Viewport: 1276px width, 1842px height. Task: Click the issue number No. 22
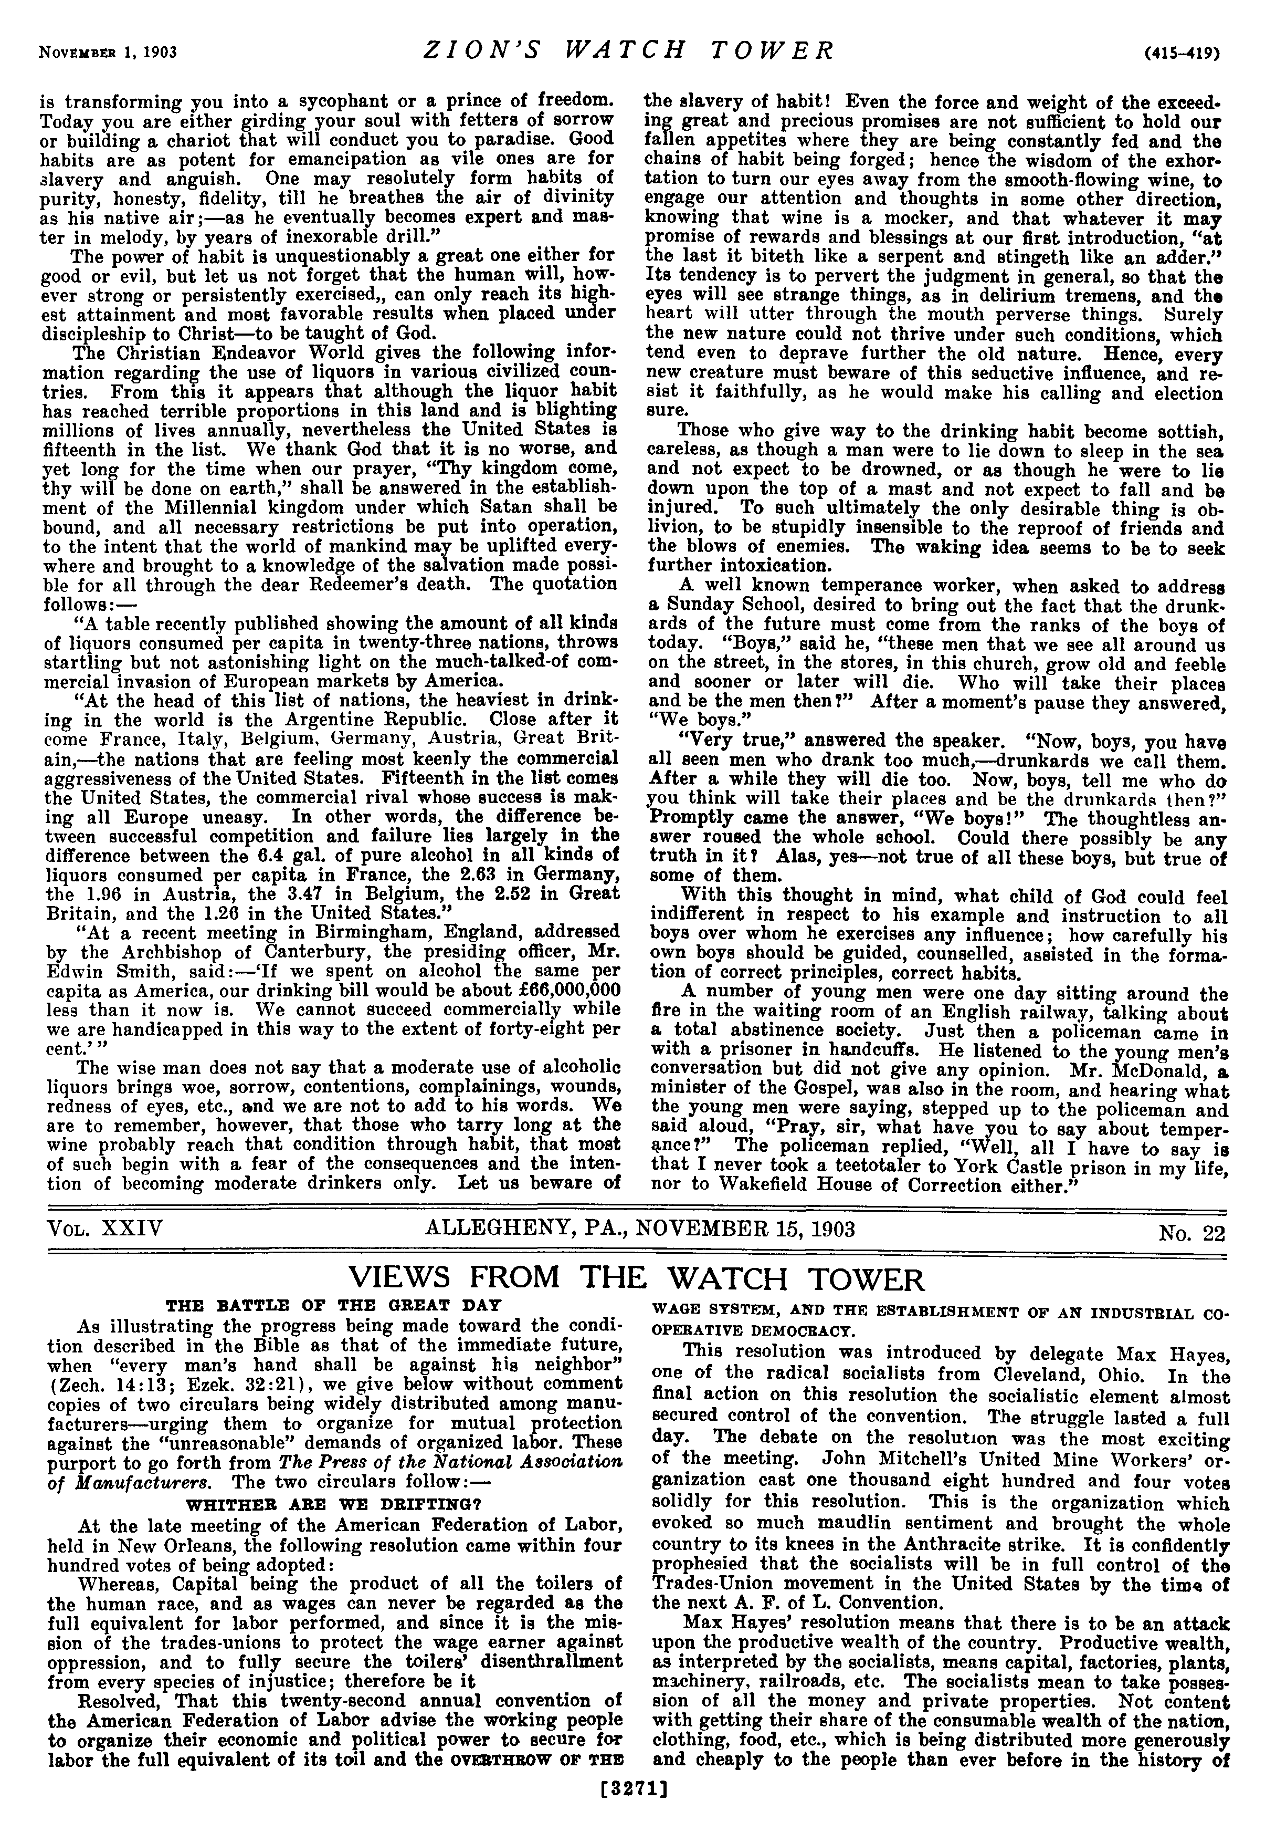point(1191,1233)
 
